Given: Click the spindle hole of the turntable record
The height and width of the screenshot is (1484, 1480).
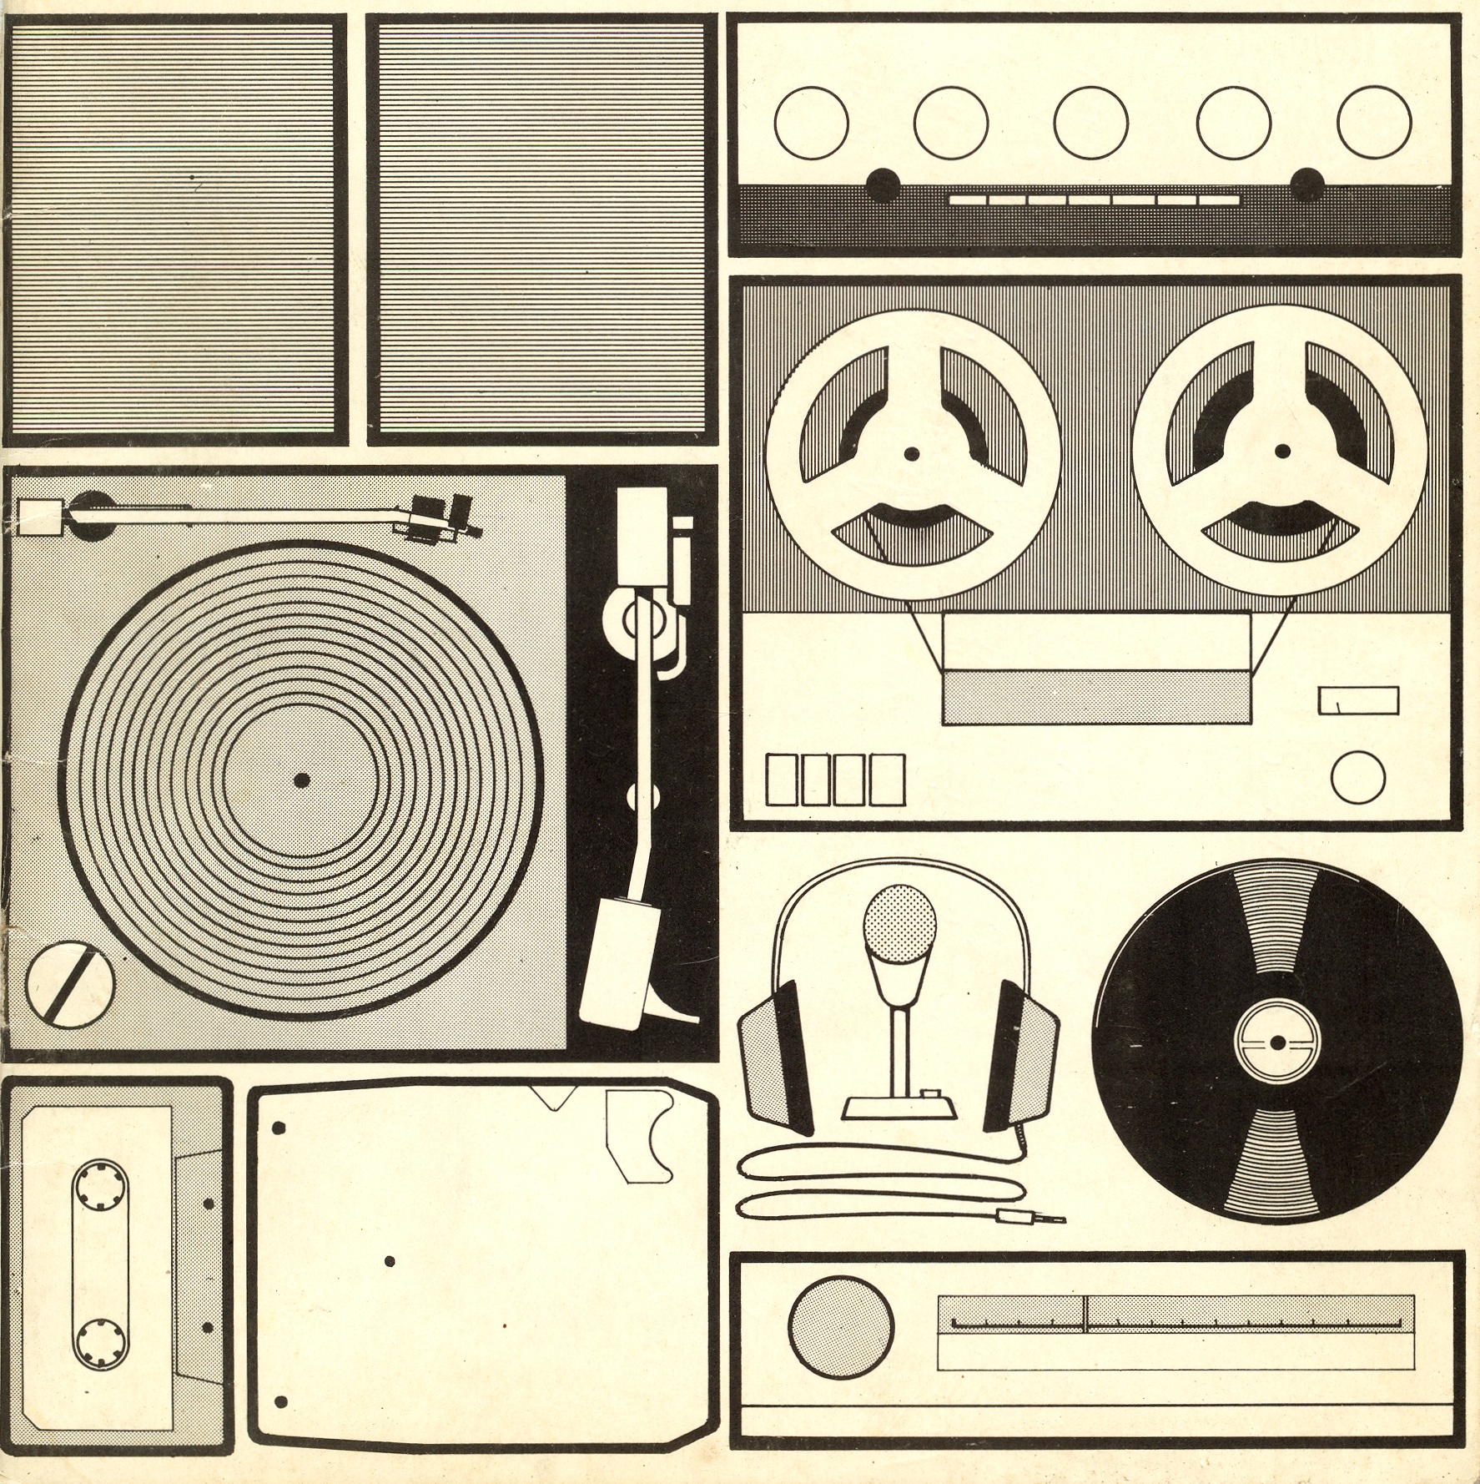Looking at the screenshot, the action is point(302,780).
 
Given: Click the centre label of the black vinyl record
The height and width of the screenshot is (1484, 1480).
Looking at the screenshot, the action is point(1277,1042).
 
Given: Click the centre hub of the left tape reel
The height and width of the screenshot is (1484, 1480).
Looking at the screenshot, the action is point(913,454).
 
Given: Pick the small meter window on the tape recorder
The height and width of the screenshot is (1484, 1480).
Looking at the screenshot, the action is point(1358,700).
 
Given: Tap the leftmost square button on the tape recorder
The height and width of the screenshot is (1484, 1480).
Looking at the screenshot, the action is point(782,780).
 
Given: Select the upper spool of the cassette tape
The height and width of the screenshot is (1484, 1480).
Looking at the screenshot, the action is point(101,1187).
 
